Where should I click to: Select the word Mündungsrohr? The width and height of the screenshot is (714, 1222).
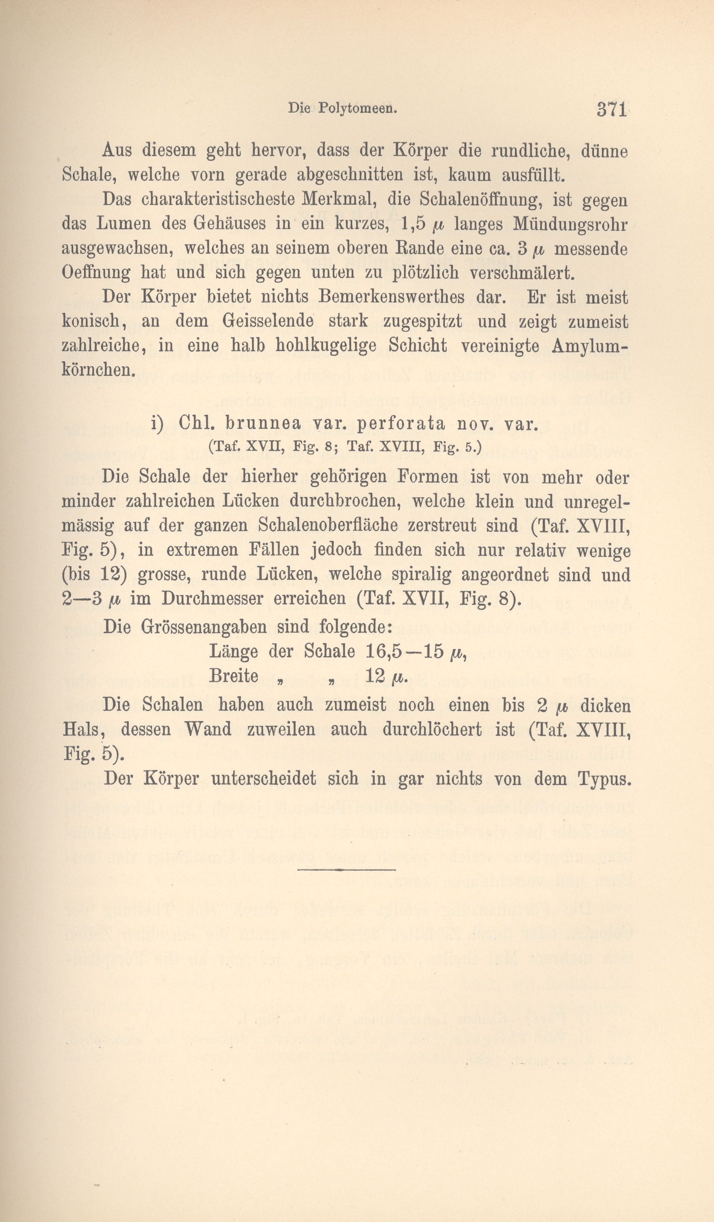tap(571, 224)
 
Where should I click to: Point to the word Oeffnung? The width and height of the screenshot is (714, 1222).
tap(96, 273)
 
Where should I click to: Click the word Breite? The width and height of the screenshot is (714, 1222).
tap(233, 676)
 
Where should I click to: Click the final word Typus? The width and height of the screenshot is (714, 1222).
tap(604, 779)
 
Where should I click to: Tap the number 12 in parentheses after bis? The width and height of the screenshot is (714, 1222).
tap(113, 575)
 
